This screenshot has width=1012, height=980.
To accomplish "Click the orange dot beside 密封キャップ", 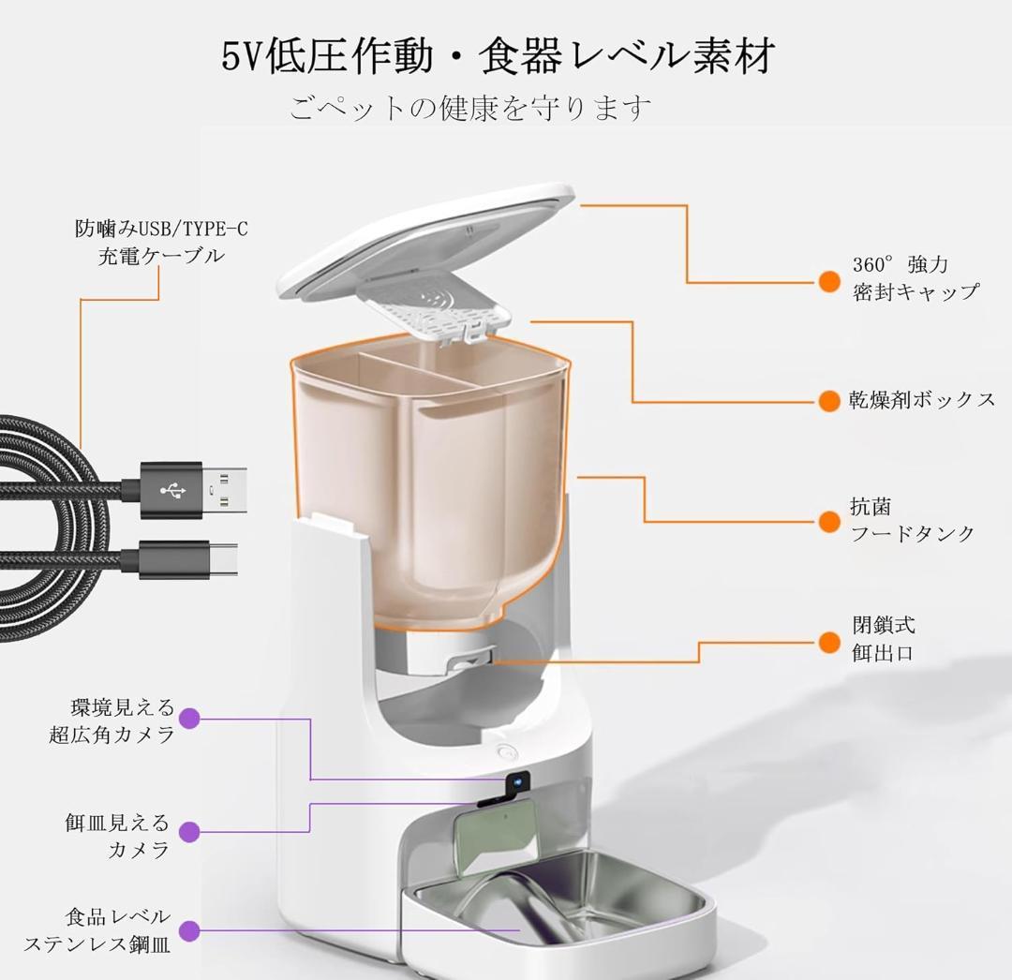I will [828, 281].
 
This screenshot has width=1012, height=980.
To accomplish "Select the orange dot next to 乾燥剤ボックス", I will [828, 401].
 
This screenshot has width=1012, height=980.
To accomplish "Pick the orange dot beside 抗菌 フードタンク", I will [828, 521].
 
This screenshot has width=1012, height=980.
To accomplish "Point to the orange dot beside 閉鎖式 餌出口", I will [828, 642].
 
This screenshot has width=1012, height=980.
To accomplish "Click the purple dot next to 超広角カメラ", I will [189, 719].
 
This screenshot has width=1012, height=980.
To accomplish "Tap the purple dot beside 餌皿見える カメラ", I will [189, 831].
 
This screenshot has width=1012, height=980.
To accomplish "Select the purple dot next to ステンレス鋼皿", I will [189, 931].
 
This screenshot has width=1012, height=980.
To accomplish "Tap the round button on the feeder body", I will [507, 752].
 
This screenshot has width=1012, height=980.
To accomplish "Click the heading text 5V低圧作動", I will [329, 56].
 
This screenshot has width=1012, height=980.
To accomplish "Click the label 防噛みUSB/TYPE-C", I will [162, 229].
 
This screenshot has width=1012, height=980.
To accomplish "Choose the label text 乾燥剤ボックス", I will [922, 400].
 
